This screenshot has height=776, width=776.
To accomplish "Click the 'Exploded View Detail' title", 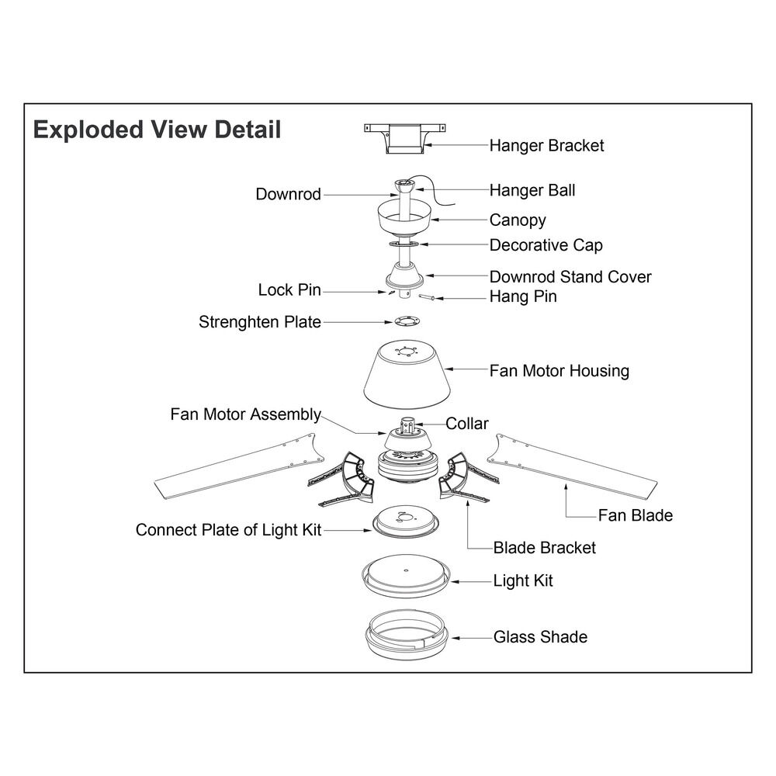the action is pos(157,130).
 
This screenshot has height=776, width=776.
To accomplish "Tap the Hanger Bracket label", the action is pos(546,146).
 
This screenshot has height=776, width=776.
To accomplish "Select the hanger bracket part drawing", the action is pos(405,139).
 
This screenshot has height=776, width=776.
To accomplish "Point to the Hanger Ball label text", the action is pos(532,191).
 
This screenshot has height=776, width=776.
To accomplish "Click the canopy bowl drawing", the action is pos(405,220).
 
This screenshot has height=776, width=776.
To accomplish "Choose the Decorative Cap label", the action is pos(546,245).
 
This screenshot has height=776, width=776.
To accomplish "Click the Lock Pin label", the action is pos(289,290).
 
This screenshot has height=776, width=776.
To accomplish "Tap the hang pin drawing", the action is pos(426,297).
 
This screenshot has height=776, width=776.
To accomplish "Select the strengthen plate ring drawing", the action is pos(408,321).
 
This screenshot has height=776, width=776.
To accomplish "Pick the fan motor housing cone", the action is pos(407,374).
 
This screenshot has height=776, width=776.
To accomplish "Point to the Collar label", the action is pos(466,424).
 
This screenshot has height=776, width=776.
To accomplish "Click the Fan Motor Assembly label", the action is pos(245,414).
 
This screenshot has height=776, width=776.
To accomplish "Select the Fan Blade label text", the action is pos(635,516).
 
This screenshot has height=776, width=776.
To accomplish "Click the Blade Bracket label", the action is pos(545,548).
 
